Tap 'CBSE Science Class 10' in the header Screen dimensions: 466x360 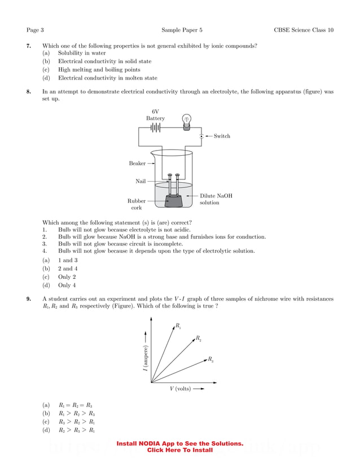(303, 30)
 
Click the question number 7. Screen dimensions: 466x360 (28, 45)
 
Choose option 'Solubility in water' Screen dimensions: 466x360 (82, 53)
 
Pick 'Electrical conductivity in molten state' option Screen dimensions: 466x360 (107, 78)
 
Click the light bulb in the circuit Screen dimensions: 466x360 (187, 121)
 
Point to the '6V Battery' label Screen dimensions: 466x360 (155, 115)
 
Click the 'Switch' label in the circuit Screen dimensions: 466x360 (222, 136)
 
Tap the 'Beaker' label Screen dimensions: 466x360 (137, 164)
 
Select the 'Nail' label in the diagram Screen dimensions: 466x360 (141, 181)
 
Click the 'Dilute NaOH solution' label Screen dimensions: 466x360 (216, 199)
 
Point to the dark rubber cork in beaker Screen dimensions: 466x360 (174, 200)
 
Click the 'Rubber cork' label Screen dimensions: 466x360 (137, 204)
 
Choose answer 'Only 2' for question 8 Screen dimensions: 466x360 (67, 277)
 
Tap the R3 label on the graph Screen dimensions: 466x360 (210, 359)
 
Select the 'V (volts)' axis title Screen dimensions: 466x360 (181, 389)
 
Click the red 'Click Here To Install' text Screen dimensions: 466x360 (179, 450)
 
